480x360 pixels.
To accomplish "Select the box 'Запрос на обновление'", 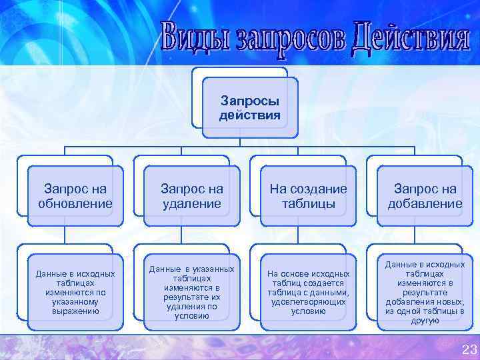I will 75,197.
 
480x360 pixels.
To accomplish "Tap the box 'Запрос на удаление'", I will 192,197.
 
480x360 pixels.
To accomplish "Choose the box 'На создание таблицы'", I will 308,197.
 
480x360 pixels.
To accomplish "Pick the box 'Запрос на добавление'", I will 425,197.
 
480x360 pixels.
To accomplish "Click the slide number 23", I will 469,349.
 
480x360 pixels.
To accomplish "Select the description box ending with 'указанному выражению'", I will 75,292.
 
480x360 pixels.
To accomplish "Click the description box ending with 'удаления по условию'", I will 192,292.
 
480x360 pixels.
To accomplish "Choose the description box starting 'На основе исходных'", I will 308,292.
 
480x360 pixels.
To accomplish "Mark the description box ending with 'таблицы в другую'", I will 425,292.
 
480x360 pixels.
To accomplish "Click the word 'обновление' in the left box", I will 75,203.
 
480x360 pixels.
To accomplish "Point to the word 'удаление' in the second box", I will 192,203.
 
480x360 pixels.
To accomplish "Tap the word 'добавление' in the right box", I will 425,203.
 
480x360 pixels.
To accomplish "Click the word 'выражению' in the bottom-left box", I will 75,311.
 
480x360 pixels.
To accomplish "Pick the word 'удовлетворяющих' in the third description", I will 308,301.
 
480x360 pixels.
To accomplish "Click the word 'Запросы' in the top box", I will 250,101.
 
